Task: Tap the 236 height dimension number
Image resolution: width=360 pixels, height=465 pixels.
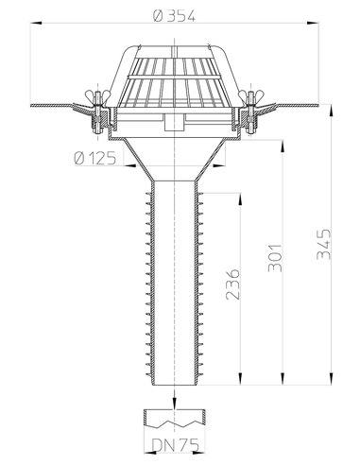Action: [x=233, y=284]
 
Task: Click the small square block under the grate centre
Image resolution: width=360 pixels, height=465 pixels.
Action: [x=172, y=122]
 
